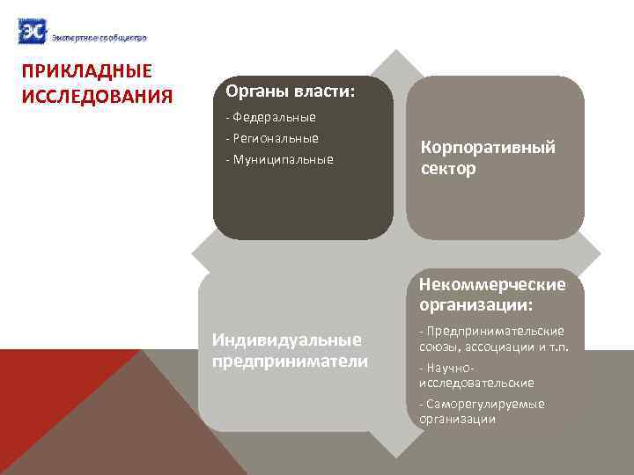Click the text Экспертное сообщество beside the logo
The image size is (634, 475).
(99, 38)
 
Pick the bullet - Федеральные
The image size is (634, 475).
(271, 117)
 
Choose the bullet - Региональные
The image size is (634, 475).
(272, 138)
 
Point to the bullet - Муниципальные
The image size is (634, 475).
(279, 159)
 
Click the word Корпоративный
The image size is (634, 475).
(488, 147)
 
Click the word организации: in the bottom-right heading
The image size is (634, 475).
(475, 305)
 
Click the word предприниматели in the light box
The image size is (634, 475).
(290, 361)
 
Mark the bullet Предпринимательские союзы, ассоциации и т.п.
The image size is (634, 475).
(493, 339)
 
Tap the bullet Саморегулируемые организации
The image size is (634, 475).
(482, 411)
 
